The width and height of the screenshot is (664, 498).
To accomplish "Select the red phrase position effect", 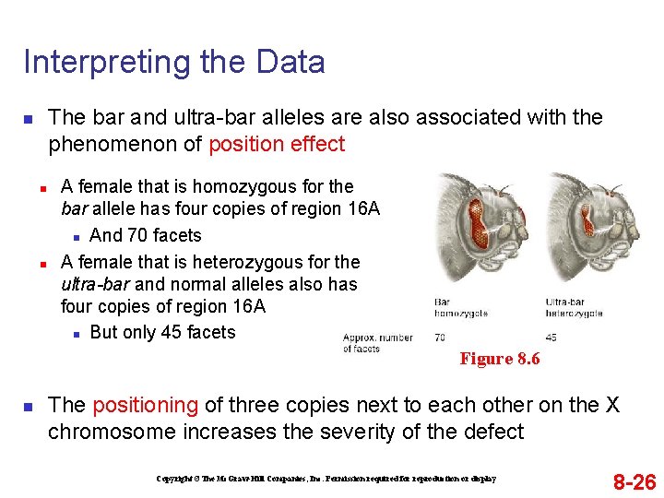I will [277, 144].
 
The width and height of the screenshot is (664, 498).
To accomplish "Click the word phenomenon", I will [125, 144].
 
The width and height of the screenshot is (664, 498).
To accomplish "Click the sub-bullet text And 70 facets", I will [146, 235].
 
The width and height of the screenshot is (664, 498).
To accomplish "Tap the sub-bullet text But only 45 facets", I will [162, 332].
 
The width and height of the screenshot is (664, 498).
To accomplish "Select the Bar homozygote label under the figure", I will [461, 308].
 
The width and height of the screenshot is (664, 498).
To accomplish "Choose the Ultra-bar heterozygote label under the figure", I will [574, 308].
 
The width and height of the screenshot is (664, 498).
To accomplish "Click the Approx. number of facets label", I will [377, 343].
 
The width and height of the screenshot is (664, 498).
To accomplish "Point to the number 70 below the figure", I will [440, 338].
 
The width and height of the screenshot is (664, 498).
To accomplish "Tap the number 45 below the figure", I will [551, 338].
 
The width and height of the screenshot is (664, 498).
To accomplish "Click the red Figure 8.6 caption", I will [499, 359].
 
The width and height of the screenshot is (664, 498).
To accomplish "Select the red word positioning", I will [145, 405].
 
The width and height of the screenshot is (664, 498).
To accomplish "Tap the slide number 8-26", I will [634, 481].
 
